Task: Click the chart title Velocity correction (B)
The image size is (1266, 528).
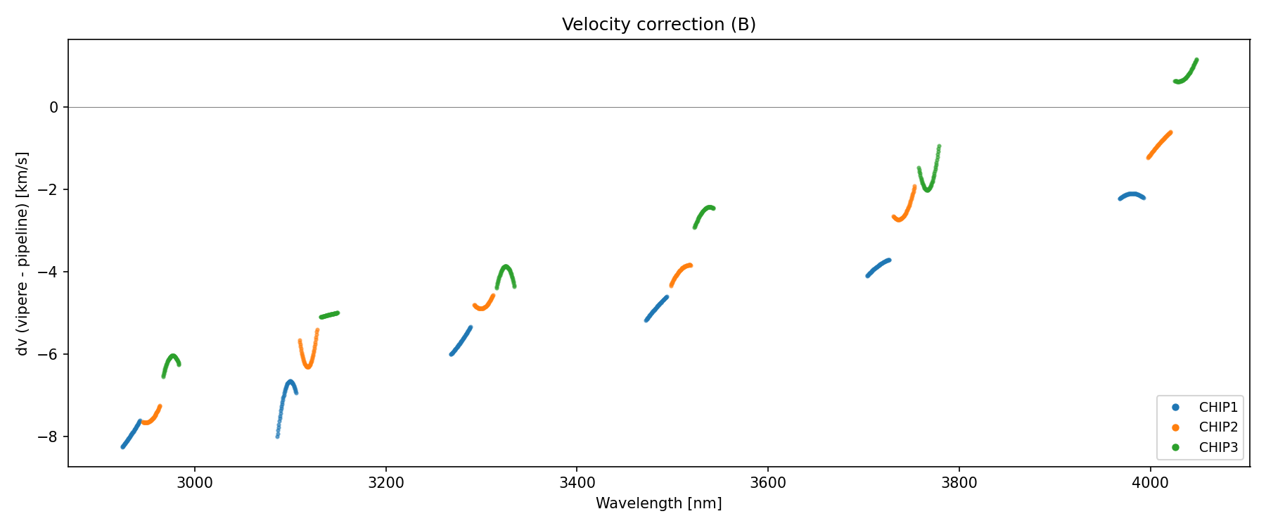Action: click(x=658, y=25)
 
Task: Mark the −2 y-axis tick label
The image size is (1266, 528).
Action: click(x=49, y=189)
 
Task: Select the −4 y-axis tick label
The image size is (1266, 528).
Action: click(x=49, y=272)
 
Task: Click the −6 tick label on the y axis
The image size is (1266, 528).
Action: click(x=49, y=354)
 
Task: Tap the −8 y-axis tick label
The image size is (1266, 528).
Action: click(x=49, y=436)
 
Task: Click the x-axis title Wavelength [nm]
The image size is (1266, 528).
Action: click(x=658, y=503)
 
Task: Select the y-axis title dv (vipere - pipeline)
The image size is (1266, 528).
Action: click(x=23, y=253)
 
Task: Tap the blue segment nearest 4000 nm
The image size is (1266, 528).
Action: click(x=1132, y=194)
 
